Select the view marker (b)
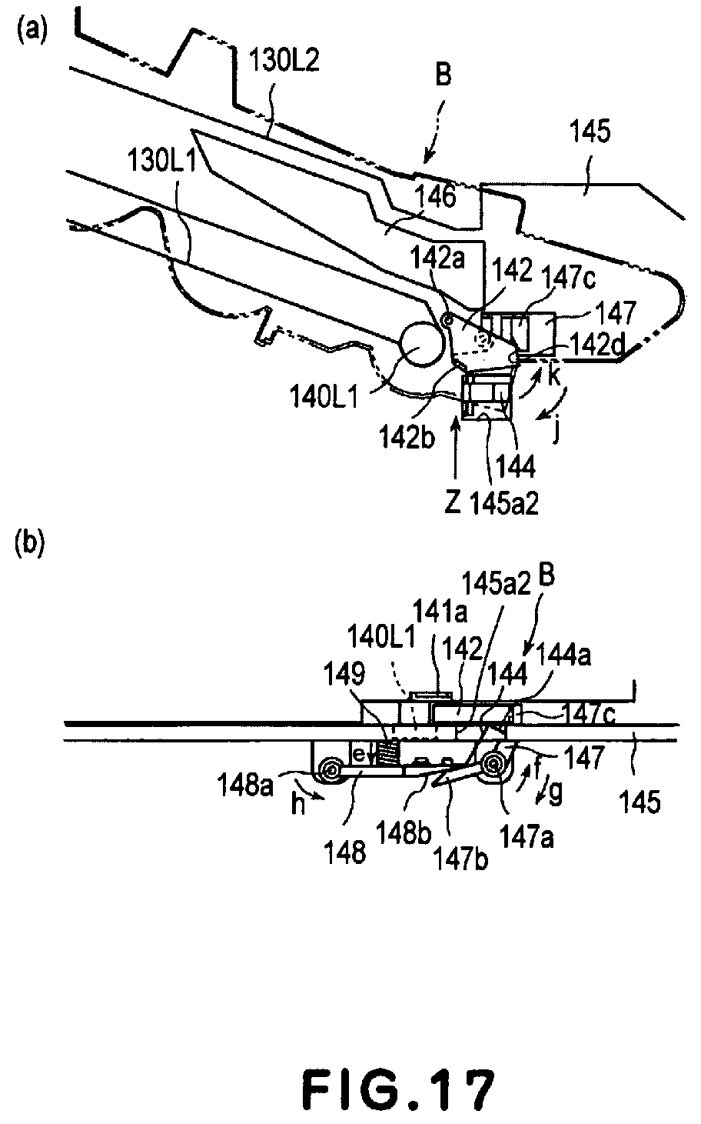click(31, 545)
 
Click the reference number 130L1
click(161, 162)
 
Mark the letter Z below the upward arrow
click(452, 504)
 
